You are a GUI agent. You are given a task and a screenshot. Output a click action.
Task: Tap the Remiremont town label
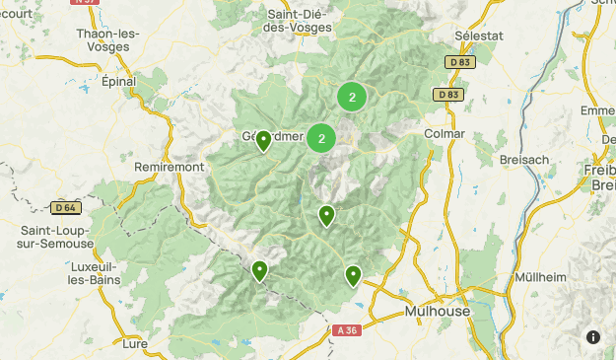(169, 167)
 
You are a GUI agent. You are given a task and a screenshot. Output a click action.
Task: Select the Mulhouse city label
(438, 311)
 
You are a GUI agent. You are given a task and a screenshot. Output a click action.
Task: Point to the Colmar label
(444, 133)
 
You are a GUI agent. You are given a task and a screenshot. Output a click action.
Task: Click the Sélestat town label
(478, 35)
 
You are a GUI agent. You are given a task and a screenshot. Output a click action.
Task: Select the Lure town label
(134, 343)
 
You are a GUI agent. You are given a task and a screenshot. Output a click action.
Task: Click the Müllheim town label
(540, 277)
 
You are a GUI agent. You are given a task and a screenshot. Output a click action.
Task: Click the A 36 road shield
(346, 330)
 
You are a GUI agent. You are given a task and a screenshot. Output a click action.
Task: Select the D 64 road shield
(65, 207)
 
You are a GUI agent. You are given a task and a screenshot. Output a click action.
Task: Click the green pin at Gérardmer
(263, 142)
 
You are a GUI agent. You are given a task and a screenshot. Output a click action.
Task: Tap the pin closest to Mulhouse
(352, 275)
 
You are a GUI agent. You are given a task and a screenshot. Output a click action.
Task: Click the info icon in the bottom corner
(592, 336)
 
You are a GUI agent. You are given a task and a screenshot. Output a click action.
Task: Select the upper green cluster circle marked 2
(352, 97)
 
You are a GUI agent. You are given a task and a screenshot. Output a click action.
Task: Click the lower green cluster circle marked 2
(321, 138)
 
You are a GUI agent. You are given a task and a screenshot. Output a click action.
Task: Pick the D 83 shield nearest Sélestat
(459, 62)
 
